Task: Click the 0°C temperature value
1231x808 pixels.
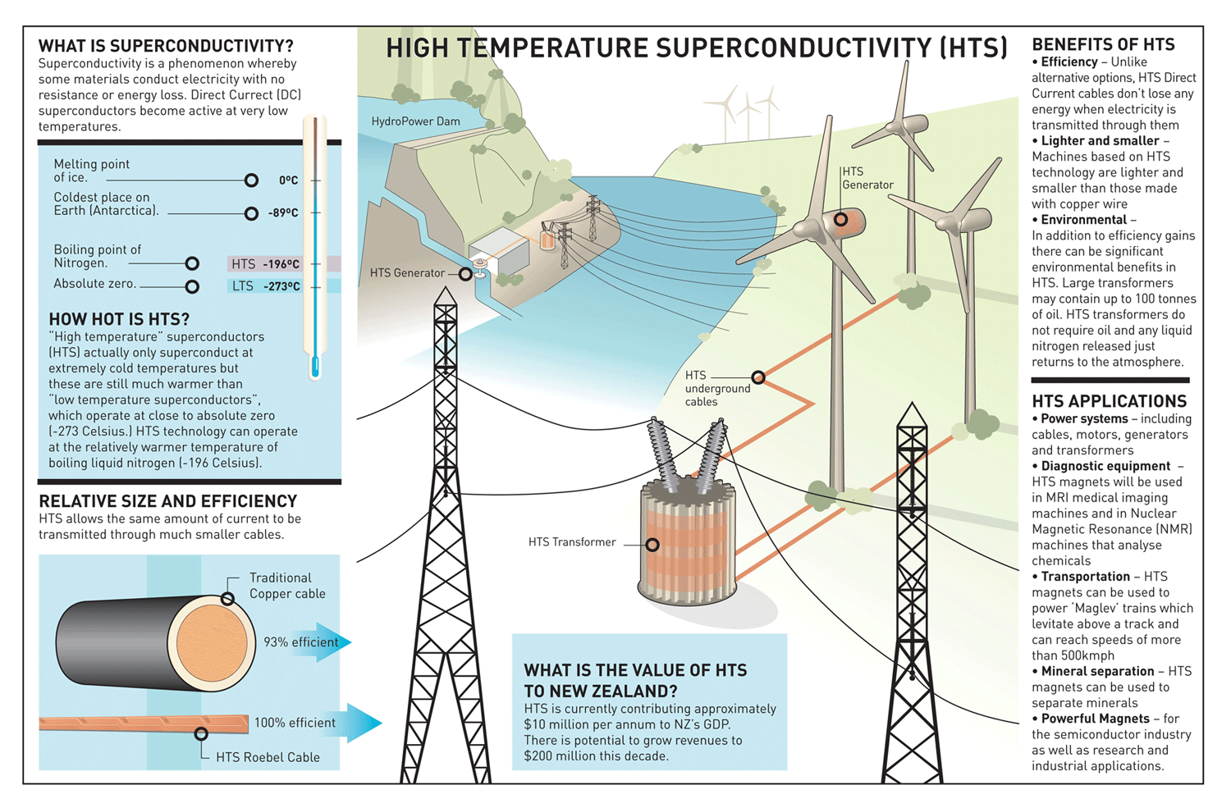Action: tap(289, 180)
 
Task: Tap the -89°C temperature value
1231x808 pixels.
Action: tap(283, 212)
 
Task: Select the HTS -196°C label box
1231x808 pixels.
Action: tap(265, 264)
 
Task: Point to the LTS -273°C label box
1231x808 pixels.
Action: tap(265, 286)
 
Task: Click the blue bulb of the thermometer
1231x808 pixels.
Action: tap(315, 367)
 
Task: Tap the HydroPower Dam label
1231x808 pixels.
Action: tap(415, 121)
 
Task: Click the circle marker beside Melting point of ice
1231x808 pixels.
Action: tap(251, 180)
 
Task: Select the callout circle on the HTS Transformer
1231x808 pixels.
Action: tap(652, 545)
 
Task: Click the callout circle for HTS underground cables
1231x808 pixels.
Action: tap(758, 377)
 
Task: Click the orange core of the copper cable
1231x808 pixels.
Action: tap(212, 643)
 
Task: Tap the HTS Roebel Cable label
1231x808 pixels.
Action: tap(268, 757)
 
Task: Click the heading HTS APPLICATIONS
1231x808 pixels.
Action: tap(1109, 401)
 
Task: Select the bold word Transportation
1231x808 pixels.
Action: tap(1086, 577)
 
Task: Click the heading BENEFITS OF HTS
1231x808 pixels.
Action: tap(1103, 44)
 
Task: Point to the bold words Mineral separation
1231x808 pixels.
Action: tap(1097, 671)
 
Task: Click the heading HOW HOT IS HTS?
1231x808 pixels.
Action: tap(119, 319)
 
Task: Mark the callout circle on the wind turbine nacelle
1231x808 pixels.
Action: tap(841, 220)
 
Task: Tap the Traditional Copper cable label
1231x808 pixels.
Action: tap(287, 586)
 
